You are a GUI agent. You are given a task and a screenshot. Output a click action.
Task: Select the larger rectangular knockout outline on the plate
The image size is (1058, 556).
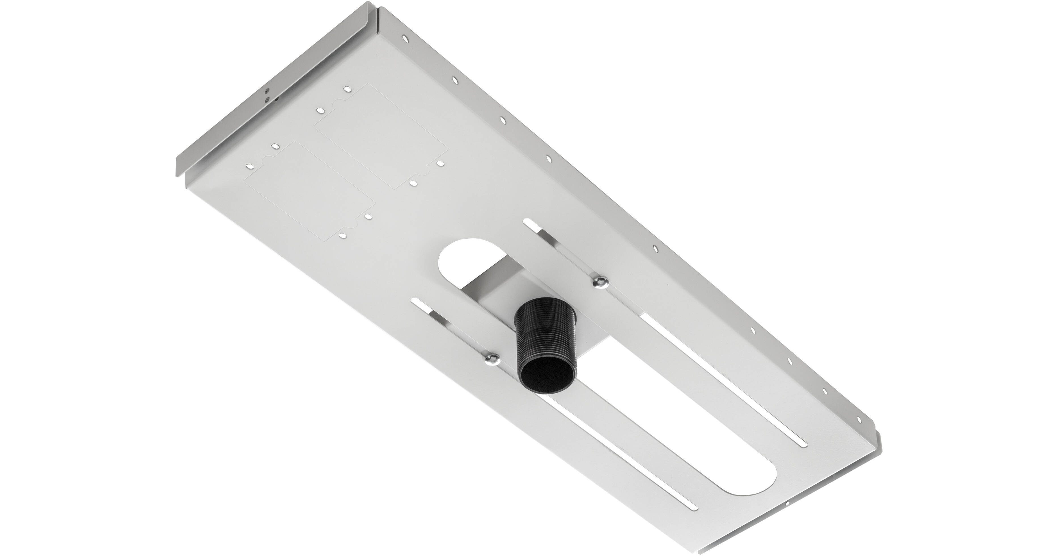380,136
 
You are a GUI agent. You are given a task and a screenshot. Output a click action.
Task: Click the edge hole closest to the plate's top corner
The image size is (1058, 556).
405,39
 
